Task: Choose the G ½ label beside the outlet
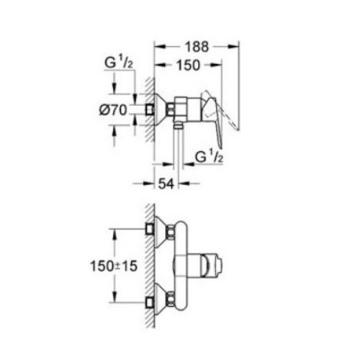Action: pyautogui.click(x=209, y=156)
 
